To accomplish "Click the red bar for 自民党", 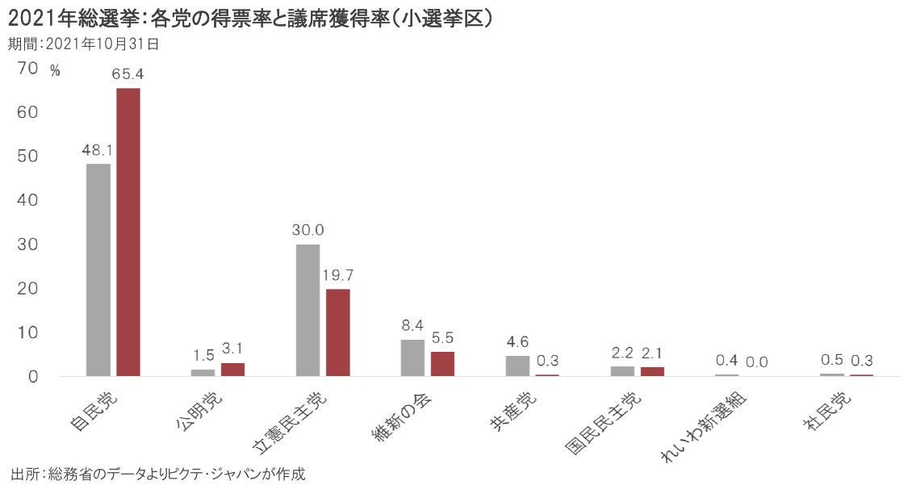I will [x=128, y=232].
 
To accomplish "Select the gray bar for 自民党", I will [x=98, y=270].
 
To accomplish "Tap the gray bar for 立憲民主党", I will [x=308, y=310].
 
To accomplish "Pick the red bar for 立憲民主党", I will [x=338, y=332].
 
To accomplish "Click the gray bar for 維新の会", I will [x=412, y=357].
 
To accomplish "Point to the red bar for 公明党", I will [x=232, y=370].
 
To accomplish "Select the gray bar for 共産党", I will [x=517, y=366].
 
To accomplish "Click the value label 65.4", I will [x=128, y=74].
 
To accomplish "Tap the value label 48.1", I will [x=98, y=149].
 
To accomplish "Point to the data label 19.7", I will [x=338, y=275].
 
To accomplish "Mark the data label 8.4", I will [x=412, y=325].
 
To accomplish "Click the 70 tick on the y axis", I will [x=27, y=69].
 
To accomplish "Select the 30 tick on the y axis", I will [x=27, y=244].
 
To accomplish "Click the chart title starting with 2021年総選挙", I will [x=250, y=18].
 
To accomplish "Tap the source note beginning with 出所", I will [x=158, y=473].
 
